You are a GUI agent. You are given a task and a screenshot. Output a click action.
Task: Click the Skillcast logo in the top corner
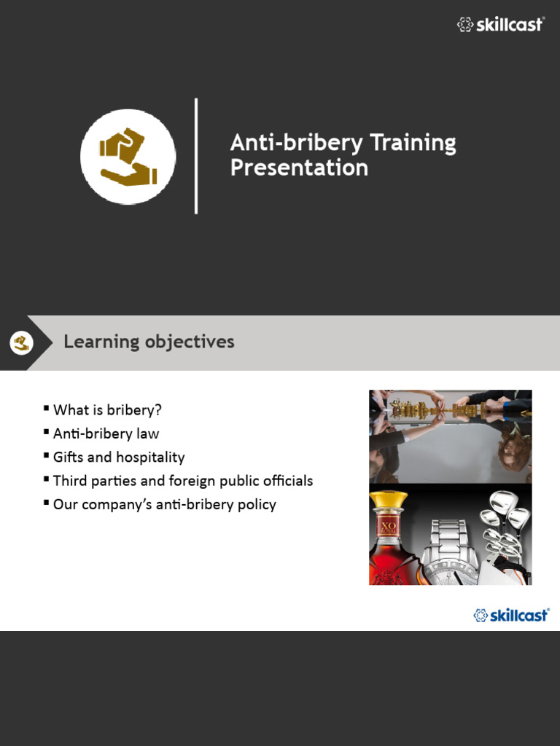pos(500,25)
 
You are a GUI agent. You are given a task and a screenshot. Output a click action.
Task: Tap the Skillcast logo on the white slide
pos(511,615)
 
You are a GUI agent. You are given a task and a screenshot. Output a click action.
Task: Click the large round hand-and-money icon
pos(128,157)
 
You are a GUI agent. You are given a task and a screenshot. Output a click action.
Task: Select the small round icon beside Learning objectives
pos(22,342)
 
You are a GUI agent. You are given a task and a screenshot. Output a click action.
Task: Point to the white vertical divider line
pos(196,156)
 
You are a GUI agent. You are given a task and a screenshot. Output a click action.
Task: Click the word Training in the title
pos(413,143)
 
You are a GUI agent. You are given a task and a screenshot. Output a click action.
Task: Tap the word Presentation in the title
pos(299,168)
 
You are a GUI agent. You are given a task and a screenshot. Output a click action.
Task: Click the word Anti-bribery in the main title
pos(296,143)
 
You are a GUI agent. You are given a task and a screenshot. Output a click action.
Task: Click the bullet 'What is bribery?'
pos(107,410)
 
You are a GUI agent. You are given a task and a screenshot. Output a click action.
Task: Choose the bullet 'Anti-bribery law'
pos(106,433)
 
